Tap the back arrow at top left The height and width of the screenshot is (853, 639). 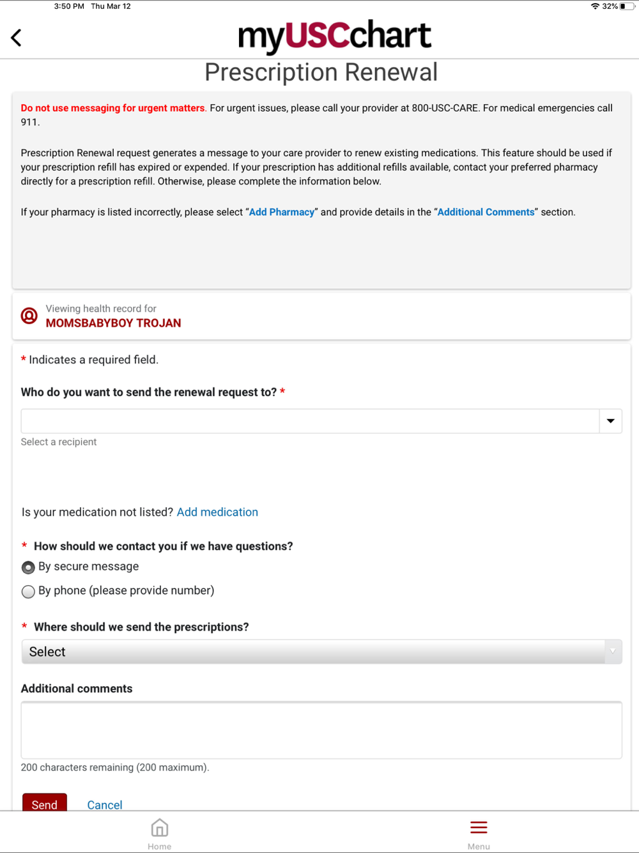coord(17,38)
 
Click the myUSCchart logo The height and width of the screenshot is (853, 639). coord(334,36)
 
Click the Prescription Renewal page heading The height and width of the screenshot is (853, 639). coord(321,72)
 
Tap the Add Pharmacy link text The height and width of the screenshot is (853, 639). coord(281,212)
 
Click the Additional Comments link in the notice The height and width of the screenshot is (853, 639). coord(486,212)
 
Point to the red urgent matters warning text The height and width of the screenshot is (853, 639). coord(113,108)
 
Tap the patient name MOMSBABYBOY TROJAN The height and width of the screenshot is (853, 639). coord(113,324)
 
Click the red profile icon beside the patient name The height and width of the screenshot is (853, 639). coord(29,316)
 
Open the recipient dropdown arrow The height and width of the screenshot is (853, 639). coord(610,421)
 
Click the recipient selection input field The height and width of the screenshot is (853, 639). coord(310,421)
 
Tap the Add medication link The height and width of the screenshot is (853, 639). coord(217,512)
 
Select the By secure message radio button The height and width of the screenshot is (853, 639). coord(28,567)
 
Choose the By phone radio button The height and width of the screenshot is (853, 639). coord(28,591)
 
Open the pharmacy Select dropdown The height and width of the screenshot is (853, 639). coord(321,652)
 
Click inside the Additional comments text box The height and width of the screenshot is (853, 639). coord(321,730)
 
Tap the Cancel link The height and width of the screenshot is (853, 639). coord(105,804)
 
